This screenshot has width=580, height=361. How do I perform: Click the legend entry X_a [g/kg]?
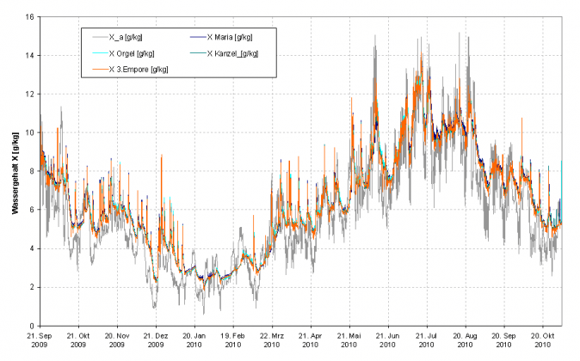tap(126, 37)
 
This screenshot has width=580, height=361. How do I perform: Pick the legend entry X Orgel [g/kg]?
tap(132, 53)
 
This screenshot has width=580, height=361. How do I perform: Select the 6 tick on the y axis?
tap(30, 210)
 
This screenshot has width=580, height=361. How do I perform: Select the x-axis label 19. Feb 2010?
tap(233, 340)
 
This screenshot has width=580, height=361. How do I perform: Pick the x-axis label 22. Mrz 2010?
tap(272, 340)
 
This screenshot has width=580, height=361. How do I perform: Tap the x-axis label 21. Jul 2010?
tap(426, 340)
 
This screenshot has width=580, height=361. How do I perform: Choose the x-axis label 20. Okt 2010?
tap(542, 340)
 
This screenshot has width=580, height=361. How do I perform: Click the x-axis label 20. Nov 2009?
tap(118, 340)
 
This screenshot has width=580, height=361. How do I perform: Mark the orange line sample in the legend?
tap(95, 69)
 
